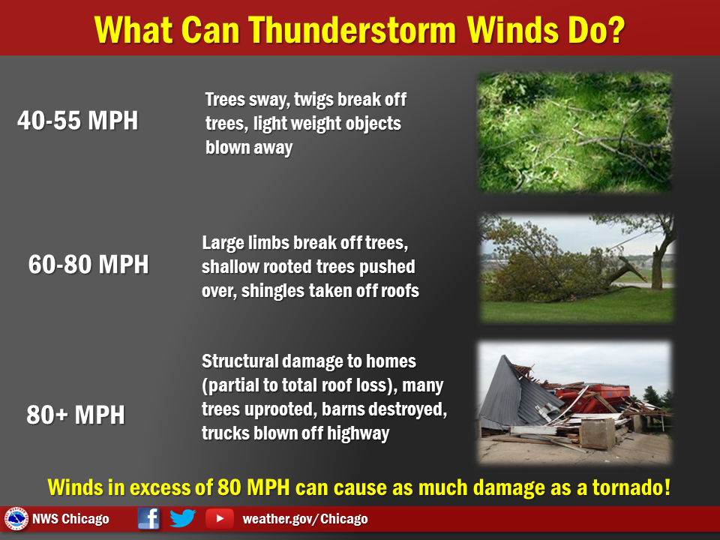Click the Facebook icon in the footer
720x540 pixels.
tap(148, 519)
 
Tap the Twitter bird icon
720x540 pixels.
tap(183, 518)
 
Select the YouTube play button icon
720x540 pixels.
tap(220, 519)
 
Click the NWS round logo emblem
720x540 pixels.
tap(16, 519)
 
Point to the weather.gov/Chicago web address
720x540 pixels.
tap(305, 519)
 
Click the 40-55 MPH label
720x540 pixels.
tap(77, 121)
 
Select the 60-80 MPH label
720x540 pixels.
tap(88, 265)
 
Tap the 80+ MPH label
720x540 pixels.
tap(76, 415)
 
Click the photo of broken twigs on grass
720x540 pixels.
tap(575, 132)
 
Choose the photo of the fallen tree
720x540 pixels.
tap(577, 268)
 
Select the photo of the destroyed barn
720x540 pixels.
tap(574, 402)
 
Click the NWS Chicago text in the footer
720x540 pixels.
tap(70, 519)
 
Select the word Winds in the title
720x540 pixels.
tap(512, 30)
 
